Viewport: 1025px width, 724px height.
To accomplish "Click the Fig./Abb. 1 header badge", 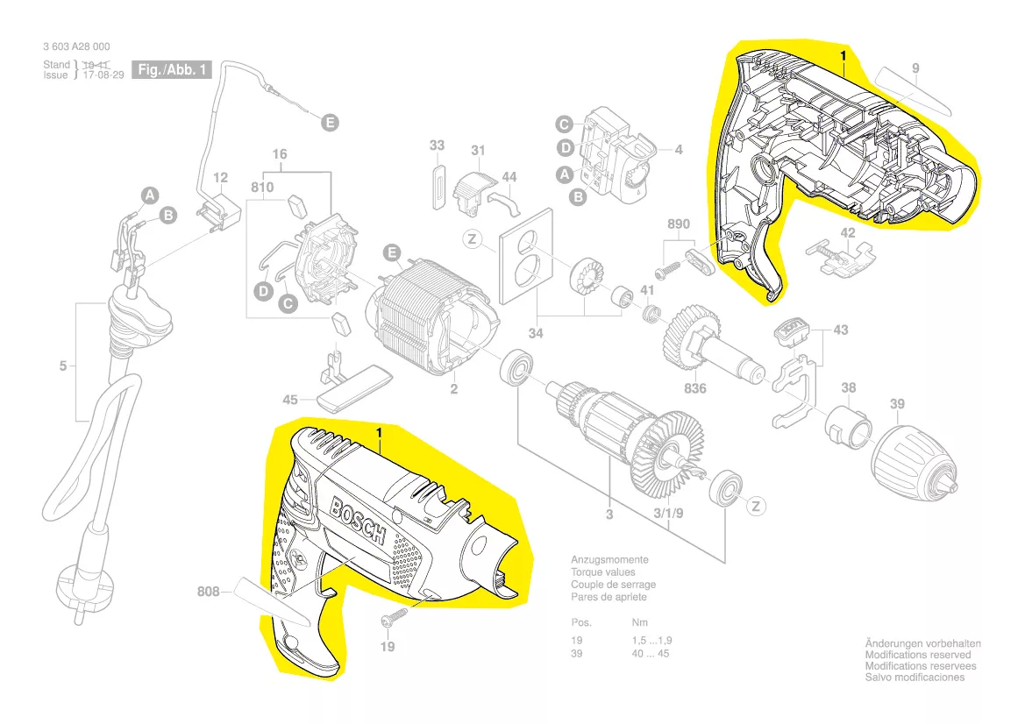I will (172, 69).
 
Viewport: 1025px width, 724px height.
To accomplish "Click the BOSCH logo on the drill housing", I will (358, 521).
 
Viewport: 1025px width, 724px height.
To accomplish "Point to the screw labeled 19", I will (391, 621).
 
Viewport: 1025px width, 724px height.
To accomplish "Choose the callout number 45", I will (290, 401).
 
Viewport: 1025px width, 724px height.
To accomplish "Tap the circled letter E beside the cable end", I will (330, 123).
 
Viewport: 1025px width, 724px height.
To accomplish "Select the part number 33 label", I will (438, 146).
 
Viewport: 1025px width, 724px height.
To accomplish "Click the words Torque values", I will (601, 571).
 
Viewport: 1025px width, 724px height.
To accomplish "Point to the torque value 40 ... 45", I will (650, 654).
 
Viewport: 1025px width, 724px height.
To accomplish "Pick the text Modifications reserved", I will (918, 655).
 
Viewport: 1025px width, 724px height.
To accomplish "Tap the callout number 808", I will (210, 592).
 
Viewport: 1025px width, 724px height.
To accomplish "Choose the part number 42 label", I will (847, 233).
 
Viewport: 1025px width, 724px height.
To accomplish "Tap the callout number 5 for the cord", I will (62, 366).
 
